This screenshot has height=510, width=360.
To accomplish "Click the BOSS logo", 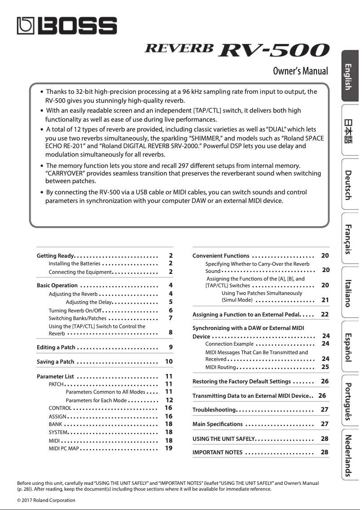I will click(67, 26).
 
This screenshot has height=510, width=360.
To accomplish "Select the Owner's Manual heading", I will click(300, 71).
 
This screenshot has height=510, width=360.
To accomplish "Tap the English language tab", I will click(348, 76).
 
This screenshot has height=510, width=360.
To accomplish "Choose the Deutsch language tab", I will click(348, 185).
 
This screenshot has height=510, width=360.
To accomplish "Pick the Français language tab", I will click(348, 238).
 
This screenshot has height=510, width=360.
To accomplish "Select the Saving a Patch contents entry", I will click(55, 362).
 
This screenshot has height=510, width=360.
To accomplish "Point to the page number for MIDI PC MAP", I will click(169, 448).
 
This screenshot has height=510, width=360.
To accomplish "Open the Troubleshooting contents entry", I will click(214, 410).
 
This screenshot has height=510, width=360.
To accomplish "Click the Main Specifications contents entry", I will click(218, 424).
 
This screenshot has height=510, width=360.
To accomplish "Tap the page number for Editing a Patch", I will click(171, 347).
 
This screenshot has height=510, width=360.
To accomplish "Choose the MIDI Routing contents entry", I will click(220, 367).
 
